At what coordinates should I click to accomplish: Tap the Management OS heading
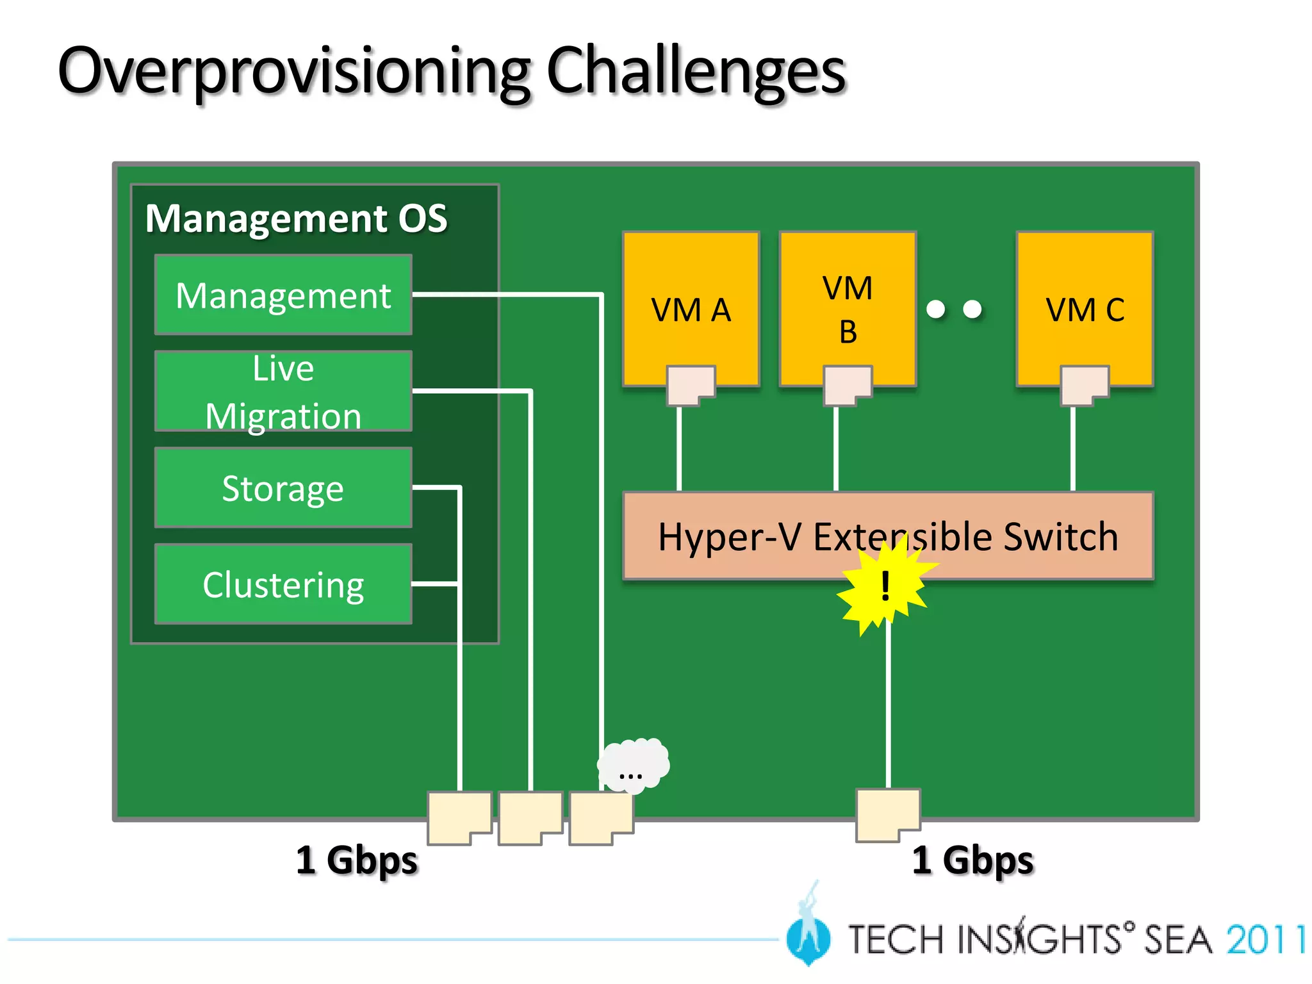296,218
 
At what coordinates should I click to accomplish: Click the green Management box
283,295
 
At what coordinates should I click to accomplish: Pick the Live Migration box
283,391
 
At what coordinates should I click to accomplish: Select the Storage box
283,488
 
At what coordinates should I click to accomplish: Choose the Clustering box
283,584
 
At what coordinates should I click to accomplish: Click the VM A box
691,301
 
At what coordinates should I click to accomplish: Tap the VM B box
848,301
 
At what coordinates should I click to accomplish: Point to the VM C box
1085,301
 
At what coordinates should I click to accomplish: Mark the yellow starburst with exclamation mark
884,586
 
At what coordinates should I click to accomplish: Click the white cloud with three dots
633,766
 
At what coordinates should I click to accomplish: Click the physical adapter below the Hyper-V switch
887,814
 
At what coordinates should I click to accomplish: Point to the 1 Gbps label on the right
972,860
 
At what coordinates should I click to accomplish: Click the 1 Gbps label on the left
356,860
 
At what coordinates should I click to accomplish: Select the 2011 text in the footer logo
1265,940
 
